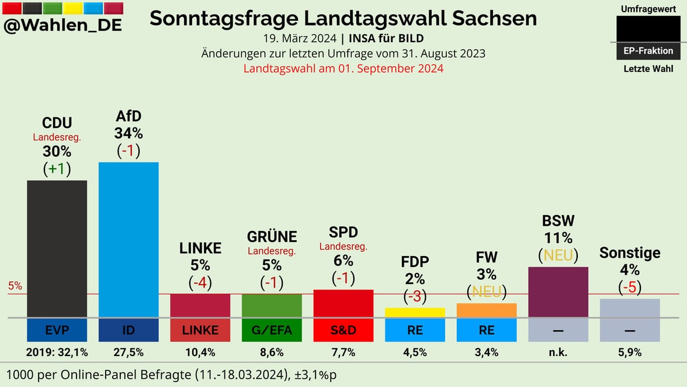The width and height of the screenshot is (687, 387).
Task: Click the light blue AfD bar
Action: coord(129,239)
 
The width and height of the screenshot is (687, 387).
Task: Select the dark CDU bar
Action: coord(57,248)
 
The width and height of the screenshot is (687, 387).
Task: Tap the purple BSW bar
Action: coord(558,292)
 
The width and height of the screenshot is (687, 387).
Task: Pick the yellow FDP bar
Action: coord(415,312)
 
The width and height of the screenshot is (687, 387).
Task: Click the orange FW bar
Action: coord(487,310)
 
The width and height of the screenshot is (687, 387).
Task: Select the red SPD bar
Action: coord(343,303)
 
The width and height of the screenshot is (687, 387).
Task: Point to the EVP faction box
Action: coord(57,330)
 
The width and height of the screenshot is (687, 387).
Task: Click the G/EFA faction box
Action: coord(272,330)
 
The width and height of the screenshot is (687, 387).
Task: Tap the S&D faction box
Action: coord(343,330)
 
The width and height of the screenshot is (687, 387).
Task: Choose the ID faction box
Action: coord(129,330)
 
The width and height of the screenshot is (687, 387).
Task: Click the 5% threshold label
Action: coord(15,286)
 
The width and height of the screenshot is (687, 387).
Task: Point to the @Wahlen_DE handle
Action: coord(63,26)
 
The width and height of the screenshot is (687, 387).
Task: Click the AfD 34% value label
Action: coord(129,133)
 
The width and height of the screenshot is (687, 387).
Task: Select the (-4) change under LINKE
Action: coord(200,283)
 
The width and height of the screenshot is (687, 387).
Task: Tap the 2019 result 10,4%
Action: coord(200,353)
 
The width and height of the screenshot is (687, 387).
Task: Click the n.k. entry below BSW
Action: coord(558,353)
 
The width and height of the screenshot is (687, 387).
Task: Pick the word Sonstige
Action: coord(630,253)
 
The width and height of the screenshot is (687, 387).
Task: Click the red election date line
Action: coord(343,68)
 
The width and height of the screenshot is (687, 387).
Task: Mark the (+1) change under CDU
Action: coord(57,168)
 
